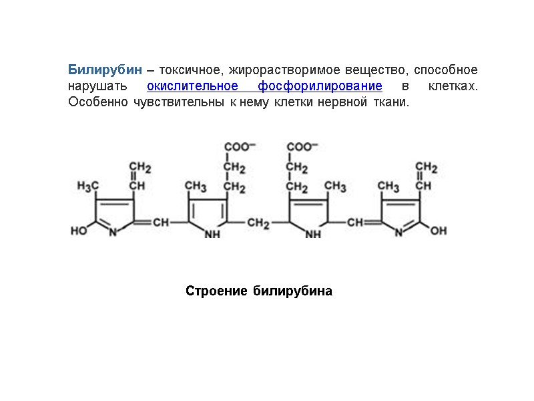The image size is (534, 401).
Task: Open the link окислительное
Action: click(x=193, y=87)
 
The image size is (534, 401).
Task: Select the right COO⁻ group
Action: click(x=302, y=146)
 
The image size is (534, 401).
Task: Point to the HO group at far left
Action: click(x=79, y=231)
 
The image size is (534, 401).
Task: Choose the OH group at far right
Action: click(x=439, y=231)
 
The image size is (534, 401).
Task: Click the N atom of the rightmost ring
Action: click(x=398, y=233)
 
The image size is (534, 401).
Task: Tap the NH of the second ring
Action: click(x=212, y=234)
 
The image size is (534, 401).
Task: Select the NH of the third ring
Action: click(x=312, y=234)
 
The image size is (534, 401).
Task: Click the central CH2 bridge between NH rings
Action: click(x=258, y=223)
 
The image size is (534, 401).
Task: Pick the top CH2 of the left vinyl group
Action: click(x=140, y=167)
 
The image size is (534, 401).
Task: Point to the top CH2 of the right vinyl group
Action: click(x=426, y=167)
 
